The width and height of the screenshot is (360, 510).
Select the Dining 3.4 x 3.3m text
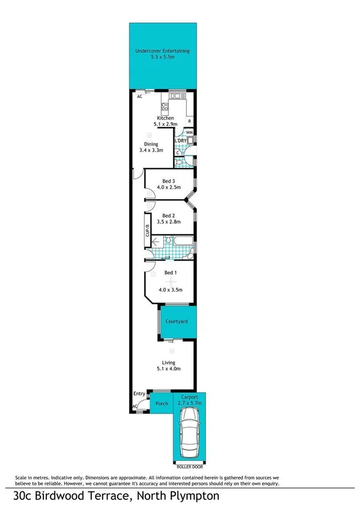(x=151, y=147)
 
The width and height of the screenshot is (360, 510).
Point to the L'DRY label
(x=180, y=141)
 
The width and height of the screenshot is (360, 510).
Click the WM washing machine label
(x=189, y=132)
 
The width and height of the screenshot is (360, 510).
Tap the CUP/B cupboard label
(x=147, y=232)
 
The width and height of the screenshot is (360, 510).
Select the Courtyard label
(x=177, y=322)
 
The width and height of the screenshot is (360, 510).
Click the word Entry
(x=139, y=394)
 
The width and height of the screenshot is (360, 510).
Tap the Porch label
(x=162, y=404)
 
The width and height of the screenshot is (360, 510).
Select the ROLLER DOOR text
(x=189, y=467)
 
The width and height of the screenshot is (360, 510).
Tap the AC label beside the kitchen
(x=139, y=96)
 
